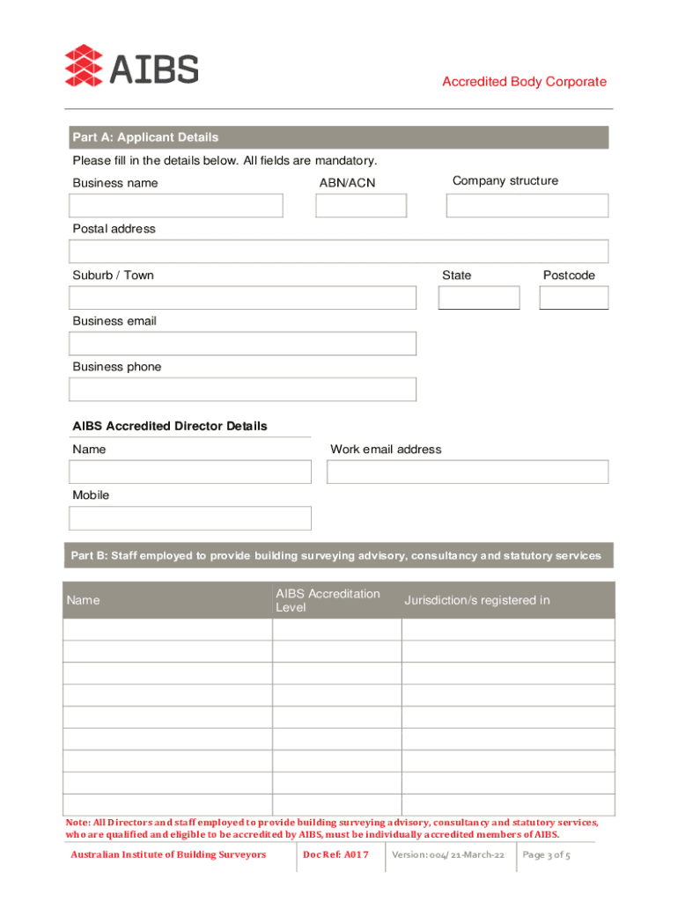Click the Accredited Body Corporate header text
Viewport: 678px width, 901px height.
[x=524, y=82]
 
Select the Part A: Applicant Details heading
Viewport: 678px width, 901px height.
[x=145, y=137]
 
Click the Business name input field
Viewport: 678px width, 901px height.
[x=176, y=206]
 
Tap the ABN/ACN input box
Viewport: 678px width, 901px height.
[x=361, y=206]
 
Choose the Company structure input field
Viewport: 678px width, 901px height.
[x=527, y=206]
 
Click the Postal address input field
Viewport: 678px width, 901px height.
[x=338, y=252]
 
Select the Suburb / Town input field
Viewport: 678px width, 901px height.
[x=242, y=298]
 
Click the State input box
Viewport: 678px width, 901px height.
[x=479, y=298]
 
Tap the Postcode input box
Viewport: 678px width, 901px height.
[x=573, y=298]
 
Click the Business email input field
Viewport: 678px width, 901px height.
[x=242, y=344]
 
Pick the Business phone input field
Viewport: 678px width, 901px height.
[x=242, y=390]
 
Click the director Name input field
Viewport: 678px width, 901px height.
[x=190, y=472]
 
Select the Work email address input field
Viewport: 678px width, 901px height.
[x=467, y=472]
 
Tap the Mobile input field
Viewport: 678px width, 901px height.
[x=190, y=518]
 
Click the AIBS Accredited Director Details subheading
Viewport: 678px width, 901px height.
[x=169, y=426]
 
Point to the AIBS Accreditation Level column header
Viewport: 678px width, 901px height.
[x=328, y=601]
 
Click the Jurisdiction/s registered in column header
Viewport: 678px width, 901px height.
[x=476, y=600]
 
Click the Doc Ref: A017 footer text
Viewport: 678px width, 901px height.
[x=335, y=855]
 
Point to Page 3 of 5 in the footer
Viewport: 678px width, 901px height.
[x=546, y=855]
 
